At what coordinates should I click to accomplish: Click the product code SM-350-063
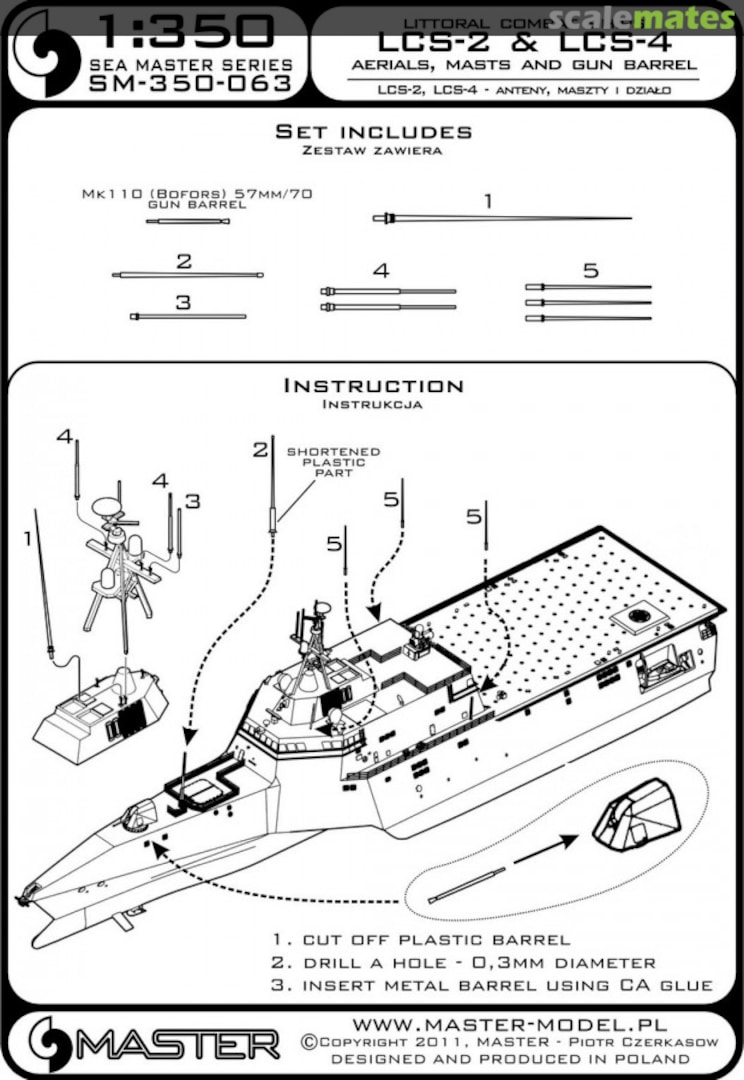click(190, 84)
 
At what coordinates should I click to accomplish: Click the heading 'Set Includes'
click(373, 132)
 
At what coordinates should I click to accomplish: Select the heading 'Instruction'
click(373, 385)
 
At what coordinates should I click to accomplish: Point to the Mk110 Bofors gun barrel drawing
click(188, 221)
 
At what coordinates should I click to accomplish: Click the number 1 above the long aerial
click(487, 201)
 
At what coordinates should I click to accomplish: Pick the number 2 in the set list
click(183, 261)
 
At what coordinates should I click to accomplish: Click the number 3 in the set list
click(182, 301)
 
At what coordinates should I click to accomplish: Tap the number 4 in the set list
click(380, 270)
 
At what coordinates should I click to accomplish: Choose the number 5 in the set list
click(590, 270)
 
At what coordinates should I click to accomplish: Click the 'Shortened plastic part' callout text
click(326, 463)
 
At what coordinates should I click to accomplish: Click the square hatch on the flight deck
click(638, 618)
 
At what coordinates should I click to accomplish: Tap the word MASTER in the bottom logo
click(180, 1046)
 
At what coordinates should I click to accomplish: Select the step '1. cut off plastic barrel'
click(420, 940)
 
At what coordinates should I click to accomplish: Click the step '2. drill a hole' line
click(463, 963)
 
